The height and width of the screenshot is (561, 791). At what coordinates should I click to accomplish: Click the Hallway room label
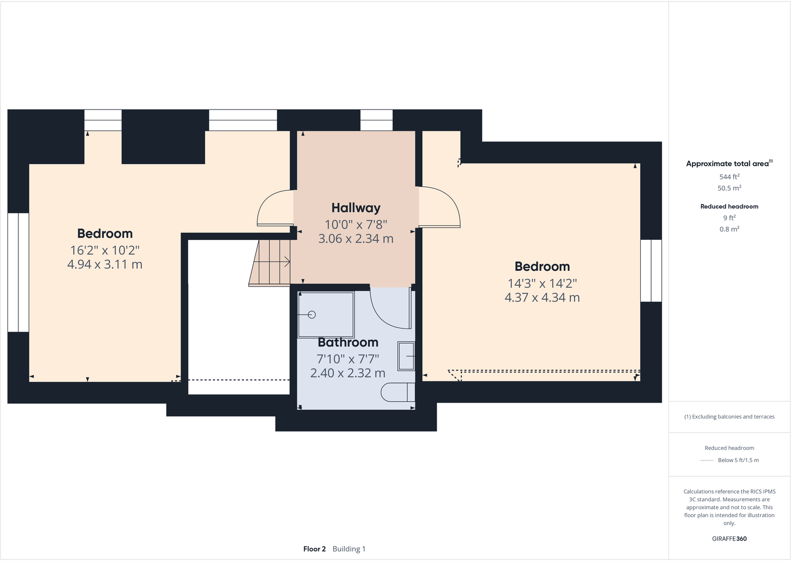pos(356,208)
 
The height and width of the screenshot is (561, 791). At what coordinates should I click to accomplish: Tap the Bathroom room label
pos(348,342)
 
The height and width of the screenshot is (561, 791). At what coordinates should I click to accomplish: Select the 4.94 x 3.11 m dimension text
pos(104,264)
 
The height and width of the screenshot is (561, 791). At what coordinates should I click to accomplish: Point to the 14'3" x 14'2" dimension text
pos(542,283)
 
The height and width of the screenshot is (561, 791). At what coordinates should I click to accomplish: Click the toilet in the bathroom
pos(397,392)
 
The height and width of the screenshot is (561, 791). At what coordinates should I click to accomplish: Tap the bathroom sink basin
pos(406,356)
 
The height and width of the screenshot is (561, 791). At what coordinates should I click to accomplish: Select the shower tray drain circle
pos(312,315)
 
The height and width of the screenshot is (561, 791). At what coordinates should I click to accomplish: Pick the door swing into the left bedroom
pos(275,209)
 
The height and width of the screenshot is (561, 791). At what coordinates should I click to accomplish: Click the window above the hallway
pos(376,120)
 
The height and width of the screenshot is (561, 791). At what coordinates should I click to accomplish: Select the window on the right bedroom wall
pos(651,271)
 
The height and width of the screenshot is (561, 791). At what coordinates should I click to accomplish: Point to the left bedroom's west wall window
pos(18,272)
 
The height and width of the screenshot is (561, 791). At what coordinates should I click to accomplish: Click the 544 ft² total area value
pos(729,177)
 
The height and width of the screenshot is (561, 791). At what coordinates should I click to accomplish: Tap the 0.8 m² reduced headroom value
pos(729,229)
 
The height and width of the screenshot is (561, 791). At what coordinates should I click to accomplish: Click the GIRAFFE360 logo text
pos(729,539)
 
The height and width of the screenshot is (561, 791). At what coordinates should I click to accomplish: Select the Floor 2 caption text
pos(314,549)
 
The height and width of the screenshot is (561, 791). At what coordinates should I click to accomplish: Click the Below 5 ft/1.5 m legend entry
pos(738,460)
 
